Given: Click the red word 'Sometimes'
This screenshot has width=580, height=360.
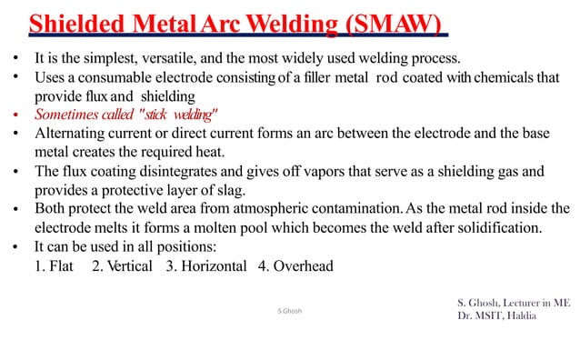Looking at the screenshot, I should [x=65, y=115].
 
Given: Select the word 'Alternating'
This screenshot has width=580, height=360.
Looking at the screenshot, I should [x=72, y=133].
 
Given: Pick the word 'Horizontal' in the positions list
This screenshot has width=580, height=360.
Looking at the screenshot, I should [x=213, y=266].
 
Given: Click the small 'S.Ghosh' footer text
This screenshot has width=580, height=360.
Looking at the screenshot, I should [x=290, y=311].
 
